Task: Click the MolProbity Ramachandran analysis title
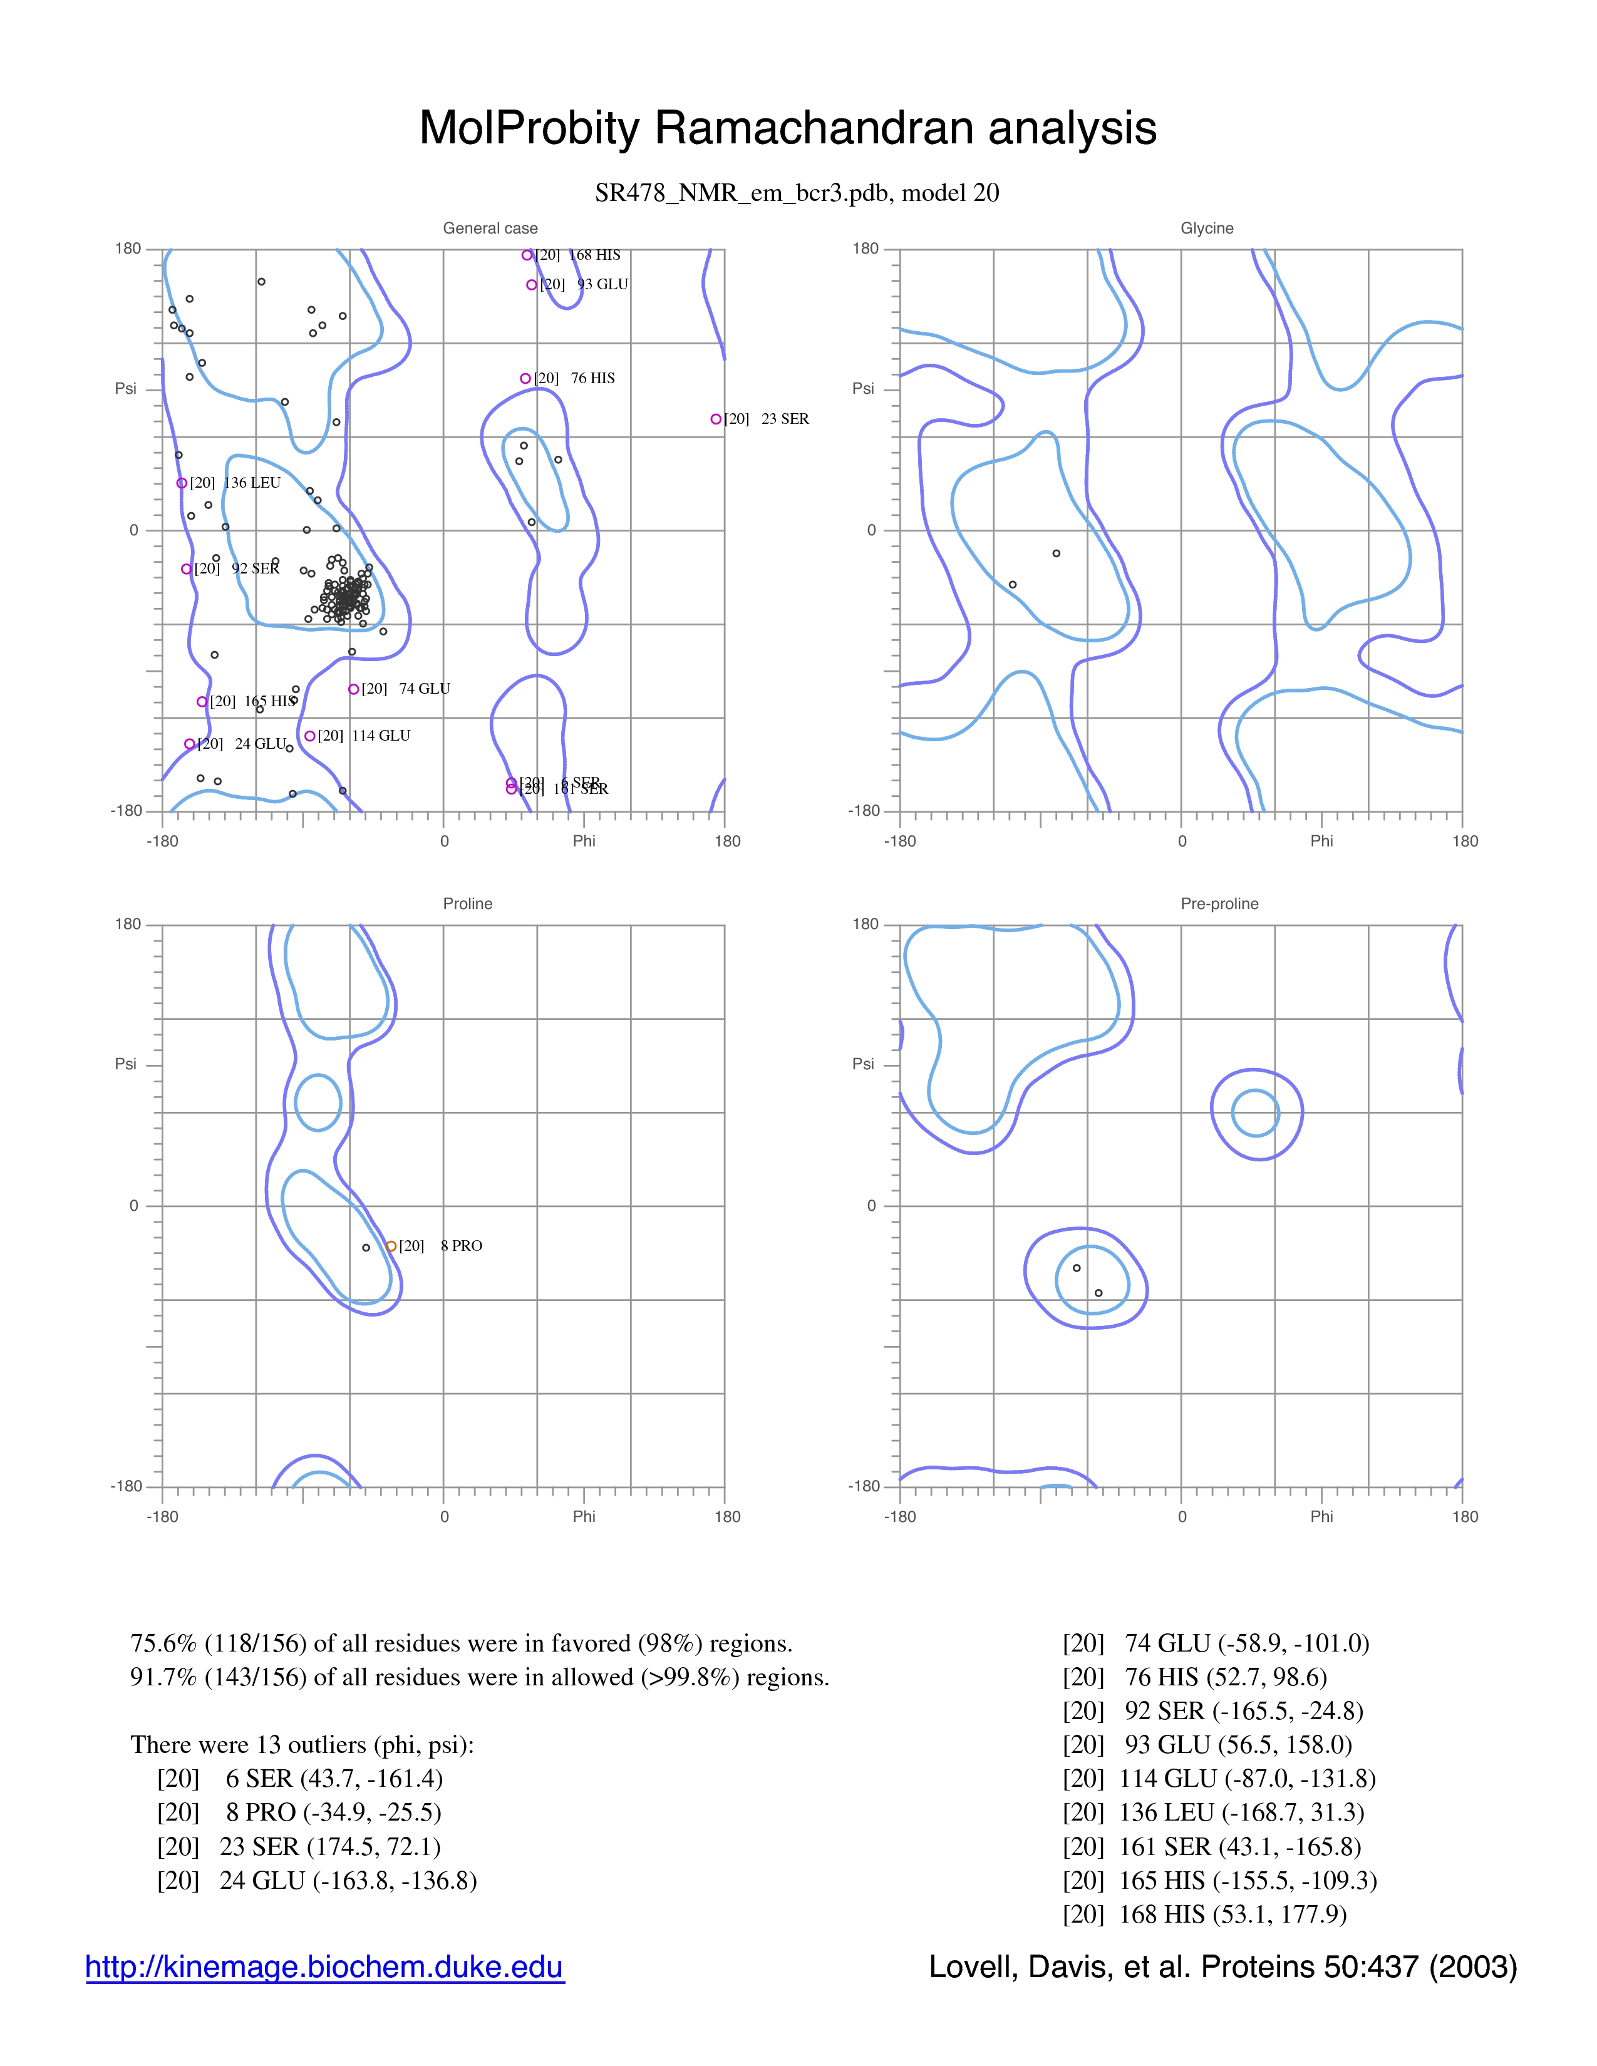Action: (787, 128)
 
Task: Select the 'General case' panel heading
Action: (490, 228)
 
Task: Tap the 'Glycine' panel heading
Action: (1206, 228)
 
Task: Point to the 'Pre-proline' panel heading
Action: (1219, 903)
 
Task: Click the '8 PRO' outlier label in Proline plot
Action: (461, 1246)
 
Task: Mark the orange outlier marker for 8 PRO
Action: (391, 1246)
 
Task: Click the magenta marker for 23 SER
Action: (716, 419)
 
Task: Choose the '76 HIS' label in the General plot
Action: (592, 378)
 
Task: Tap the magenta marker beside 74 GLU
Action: (353, 690)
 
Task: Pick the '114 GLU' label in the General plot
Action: (381, 736)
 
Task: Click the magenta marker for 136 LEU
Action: (182, 483)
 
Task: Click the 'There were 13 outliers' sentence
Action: (302, 1744)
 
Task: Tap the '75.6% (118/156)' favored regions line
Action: (461, 1643)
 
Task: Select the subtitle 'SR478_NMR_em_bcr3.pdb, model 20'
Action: (797, 193)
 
